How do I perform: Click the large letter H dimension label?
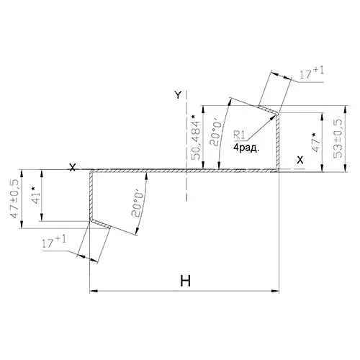pyautogui.click(x=186, y=281)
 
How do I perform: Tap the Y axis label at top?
pyautogui.click(x=178, y=95)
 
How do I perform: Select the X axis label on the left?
pyautogui.click(x=72, y=167)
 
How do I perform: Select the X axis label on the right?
pyautogui.click(x=300, y=160)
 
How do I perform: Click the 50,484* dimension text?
pyautogui.click(x=196, y=138)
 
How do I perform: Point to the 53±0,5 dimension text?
pyautogui.click(x=338, y=138)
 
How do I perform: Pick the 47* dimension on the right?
pyautogui.click(x=317, y=143)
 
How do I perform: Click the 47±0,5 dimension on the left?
pyautogui.click(x=15, y=199)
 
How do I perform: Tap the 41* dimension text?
pyautogui.click(x=35, y=194)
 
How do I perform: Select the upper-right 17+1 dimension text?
pyautogui.click(x=312, y=73)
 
